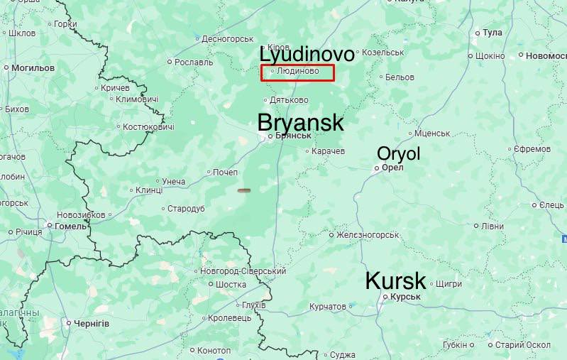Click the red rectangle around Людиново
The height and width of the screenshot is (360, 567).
297,72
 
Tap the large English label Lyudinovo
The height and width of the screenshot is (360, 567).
307,55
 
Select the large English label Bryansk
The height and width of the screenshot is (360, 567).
301,122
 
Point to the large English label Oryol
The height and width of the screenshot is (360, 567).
399,153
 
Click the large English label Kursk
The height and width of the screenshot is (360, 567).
395,280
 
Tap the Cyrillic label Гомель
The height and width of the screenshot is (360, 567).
71,226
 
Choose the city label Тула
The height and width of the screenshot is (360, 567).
492,33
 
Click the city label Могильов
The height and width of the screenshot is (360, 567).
33,67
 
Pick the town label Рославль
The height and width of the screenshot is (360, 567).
194,62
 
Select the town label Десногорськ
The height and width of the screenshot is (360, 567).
228,38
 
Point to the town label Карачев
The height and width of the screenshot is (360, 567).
329,151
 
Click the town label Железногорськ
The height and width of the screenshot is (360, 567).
368,235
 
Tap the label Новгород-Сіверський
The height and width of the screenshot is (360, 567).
243,271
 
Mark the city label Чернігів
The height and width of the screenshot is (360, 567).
92,323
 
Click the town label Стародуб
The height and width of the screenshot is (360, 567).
186,209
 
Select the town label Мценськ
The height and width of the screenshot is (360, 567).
432,133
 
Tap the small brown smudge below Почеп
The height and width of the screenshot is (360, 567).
243,190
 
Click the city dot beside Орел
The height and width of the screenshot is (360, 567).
377,168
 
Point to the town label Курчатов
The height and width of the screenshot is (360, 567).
328,307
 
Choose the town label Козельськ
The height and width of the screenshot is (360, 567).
382,53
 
